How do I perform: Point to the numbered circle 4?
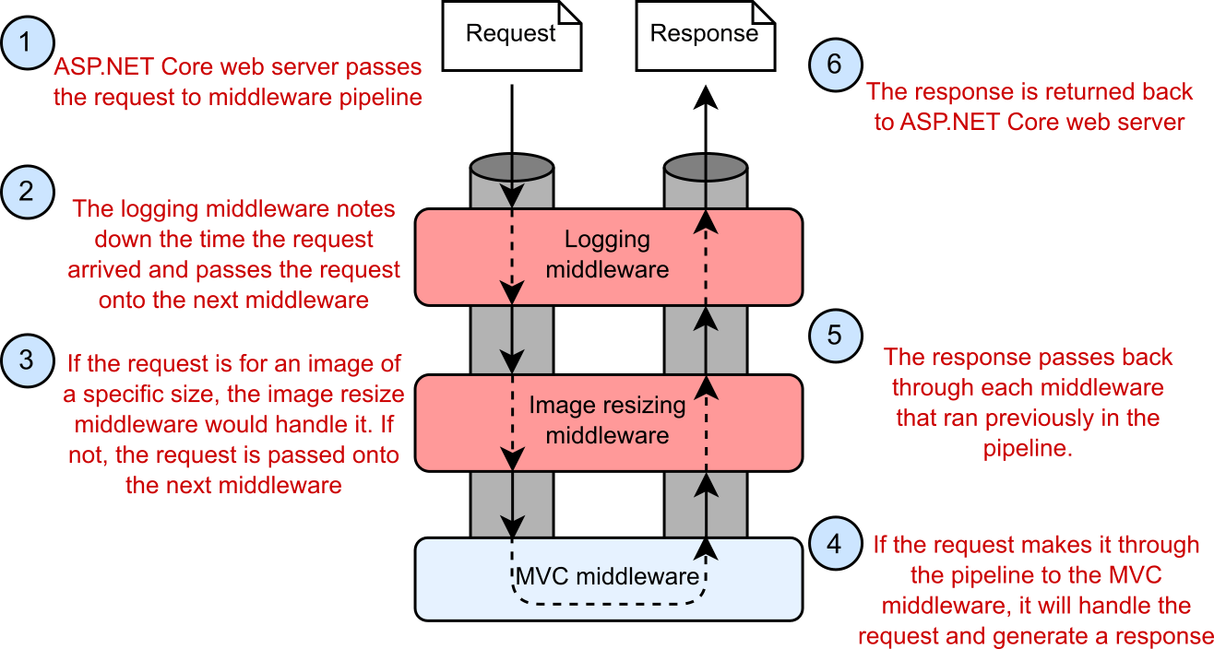(x=835, y=543)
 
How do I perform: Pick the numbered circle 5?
(x=835, y=335)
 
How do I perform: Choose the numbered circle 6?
(x=835, y=65)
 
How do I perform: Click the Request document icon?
(x=511, y=35)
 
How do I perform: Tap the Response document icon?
(x=705, y=35)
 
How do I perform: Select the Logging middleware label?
(x=607, y=255)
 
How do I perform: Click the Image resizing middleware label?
(x=607, y=420)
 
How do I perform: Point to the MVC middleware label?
(x=606, y=578)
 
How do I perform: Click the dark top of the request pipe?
(x=511, y=168)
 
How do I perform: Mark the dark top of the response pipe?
(x=706, y=168)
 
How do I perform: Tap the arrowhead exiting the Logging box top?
(x=706, y=221)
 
